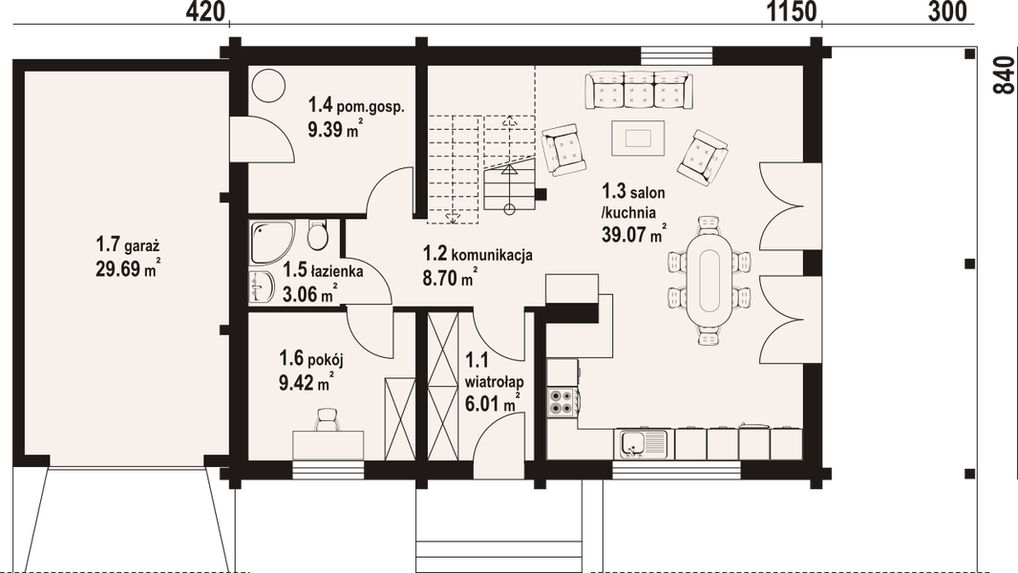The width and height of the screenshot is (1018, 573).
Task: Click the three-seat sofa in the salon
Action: click(638, 92)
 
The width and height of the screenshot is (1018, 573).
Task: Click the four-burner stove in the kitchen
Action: click(562, 402)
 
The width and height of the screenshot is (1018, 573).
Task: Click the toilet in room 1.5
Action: click(318, 234)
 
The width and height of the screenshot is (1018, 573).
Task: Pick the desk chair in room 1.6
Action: click(328, 417)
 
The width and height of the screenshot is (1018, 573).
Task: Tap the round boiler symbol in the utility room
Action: click(270, 84)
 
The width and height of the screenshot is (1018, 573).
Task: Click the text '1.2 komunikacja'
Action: click(478, 255)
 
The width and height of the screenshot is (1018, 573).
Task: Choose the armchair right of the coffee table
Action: click(702, 156)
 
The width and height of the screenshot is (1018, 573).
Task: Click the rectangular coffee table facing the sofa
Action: click(638, 138)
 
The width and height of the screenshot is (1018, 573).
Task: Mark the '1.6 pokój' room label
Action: click(310, 359)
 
